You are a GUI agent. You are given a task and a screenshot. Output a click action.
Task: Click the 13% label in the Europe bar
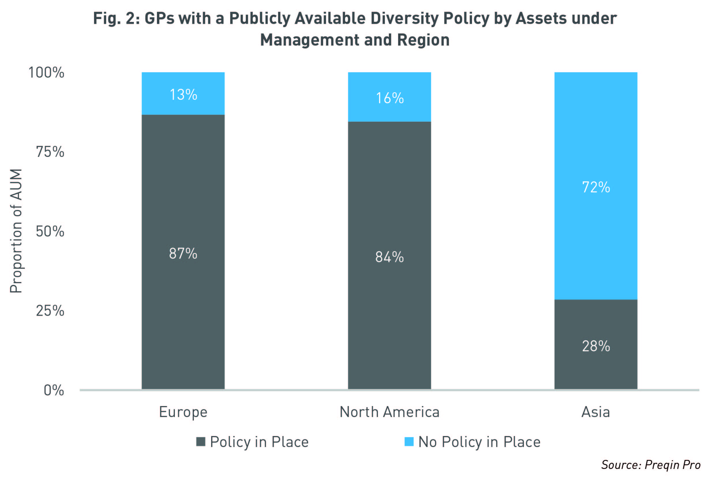pyautogui.click(x=183, y=95)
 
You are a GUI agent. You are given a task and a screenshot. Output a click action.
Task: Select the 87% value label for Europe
pyautogui.click(x=183, y=253)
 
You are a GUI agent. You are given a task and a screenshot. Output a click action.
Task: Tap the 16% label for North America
pyautogui.click(x=389, y=98)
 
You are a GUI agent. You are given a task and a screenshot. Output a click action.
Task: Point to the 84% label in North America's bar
pyautogui.click(x=389, y=257)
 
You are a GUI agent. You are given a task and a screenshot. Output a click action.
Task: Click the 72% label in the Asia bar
pyautogui.click(x=596, y=187)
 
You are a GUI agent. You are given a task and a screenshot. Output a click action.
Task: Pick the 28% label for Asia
pyautogui.click(x=596, y=346)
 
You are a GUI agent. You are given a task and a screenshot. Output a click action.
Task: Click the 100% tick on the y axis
pyautogui.click(x=46, y=73)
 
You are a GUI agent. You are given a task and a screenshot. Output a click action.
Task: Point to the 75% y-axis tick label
pyautogui.click(x=50, y=152)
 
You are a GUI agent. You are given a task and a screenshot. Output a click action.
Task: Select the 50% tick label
pyautogui.click(x=50, y=232)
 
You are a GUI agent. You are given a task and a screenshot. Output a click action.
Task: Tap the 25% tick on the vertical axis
pyautogui.click(x=50, y=311)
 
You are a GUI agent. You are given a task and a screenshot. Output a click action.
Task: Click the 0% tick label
pyautogui.click(x=54, y=390)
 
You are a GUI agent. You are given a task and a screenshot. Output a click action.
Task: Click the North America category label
pyautogui.click(x=389, y=412)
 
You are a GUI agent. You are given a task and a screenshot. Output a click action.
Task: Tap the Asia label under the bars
pyautogui.click(x=595, y=412)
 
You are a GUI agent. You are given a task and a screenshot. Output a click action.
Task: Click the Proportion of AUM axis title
pyautogui.click(x=16, y=231)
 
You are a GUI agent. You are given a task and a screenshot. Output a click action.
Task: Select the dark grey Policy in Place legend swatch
pyautogui.click(x=201, y=442)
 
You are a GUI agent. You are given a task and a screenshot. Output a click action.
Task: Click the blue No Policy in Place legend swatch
pyautogui.click(x=409, y=442)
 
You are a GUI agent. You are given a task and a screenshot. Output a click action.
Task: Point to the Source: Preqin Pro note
pyautogui.click(x=651, y=465)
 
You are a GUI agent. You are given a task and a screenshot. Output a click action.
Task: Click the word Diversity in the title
pyautogui.click(x=404, y=18)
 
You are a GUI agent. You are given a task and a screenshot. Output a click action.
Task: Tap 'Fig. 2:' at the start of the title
pyautogui.click(x=116, y=18)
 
